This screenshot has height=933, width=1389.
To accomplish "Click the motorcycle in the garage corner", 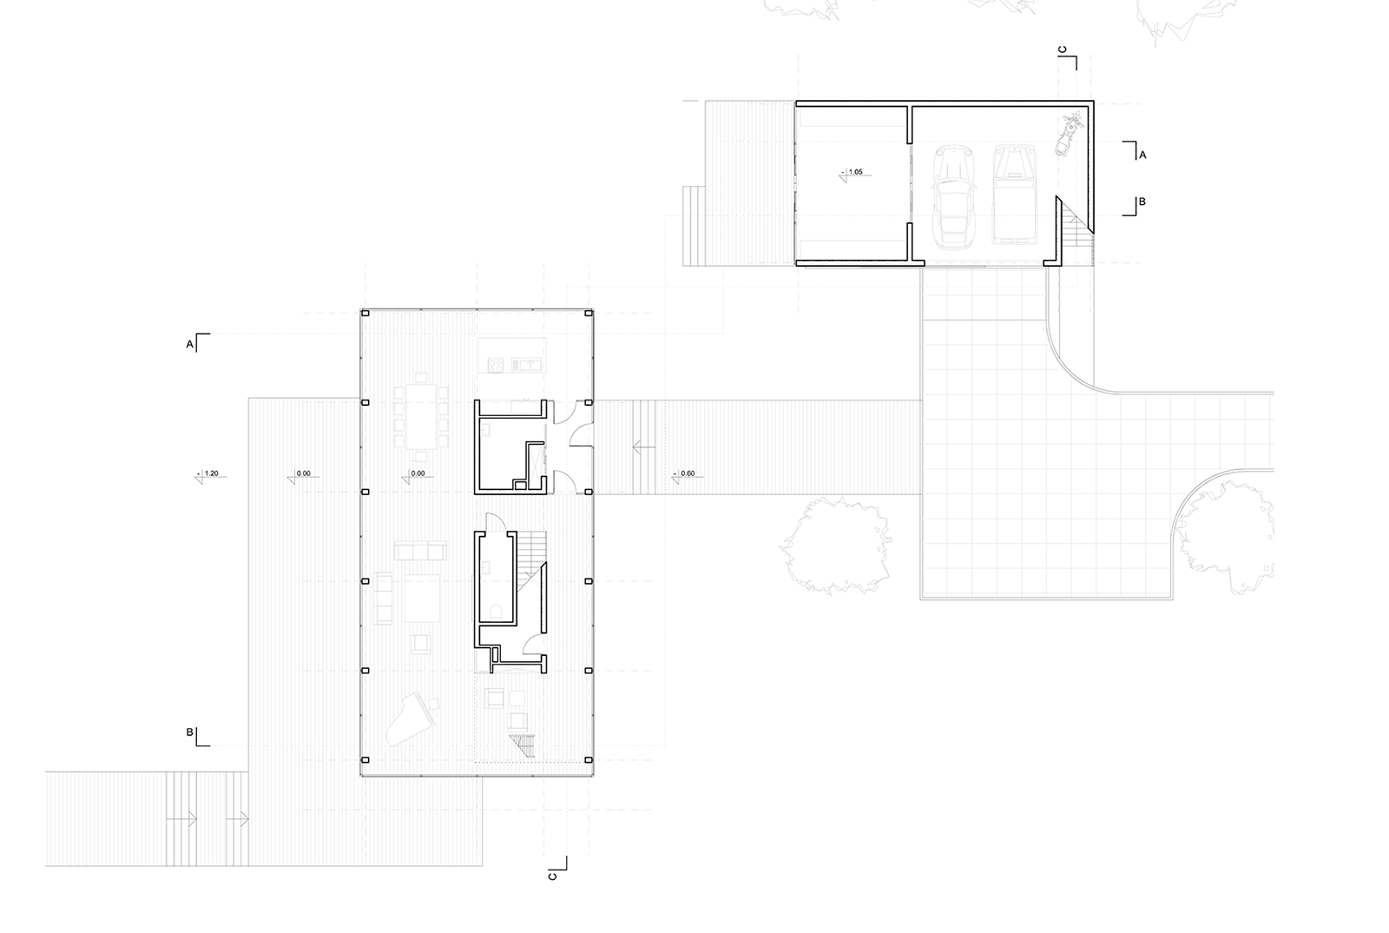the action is [x=1069, y=134].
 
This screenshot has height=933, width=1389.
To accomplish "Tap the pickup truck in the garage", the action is [x=1015, y=195].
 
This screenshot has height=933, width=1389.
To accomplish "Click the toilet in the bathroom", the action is [x=497, y=612].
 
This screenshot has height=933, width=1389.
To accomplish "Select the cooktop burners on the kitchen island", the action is [x=496, y=365].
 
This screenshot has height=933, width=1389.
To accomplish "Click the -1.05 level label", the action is [x=855, y=172].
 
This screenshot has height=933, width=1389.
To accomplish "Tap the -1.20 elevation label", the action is [x=211, y=473].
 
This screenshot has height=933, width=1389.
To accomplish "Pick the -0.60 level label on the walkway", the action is [x=687, y=473].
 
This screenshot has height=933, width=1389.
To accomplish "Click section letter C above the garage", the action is [x=1063, y=50].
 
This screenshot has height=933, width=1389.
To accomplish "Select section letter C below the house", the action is [x=552, y=876].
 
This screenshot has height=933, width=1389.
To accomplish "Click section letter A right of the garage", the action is [x=1142, y=155].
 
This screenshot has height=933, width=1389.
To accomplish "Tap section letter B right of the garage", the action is [x=1142, y=202].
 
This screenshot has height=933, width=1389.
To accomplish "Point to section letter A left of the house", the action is [x=190, y=344].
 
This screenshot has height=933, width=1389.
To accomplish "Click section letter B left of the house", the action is [x=190, y=732].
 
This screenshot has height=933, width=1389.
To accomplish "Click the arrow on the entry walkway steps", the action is [x=643, y=447].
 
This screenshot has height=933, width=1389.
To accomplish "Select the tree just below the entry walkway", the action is [x=834, y=546].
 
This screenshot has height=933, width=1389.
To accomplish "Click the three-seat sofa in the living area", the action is [x=420, y=551].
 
